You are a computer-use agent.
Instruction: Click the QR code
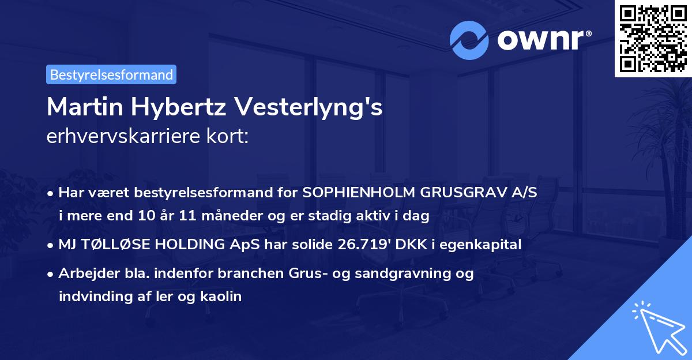click(x=653, y=38)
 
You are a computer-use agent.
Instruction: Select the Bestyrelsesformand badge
click(x=111, y=74)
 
